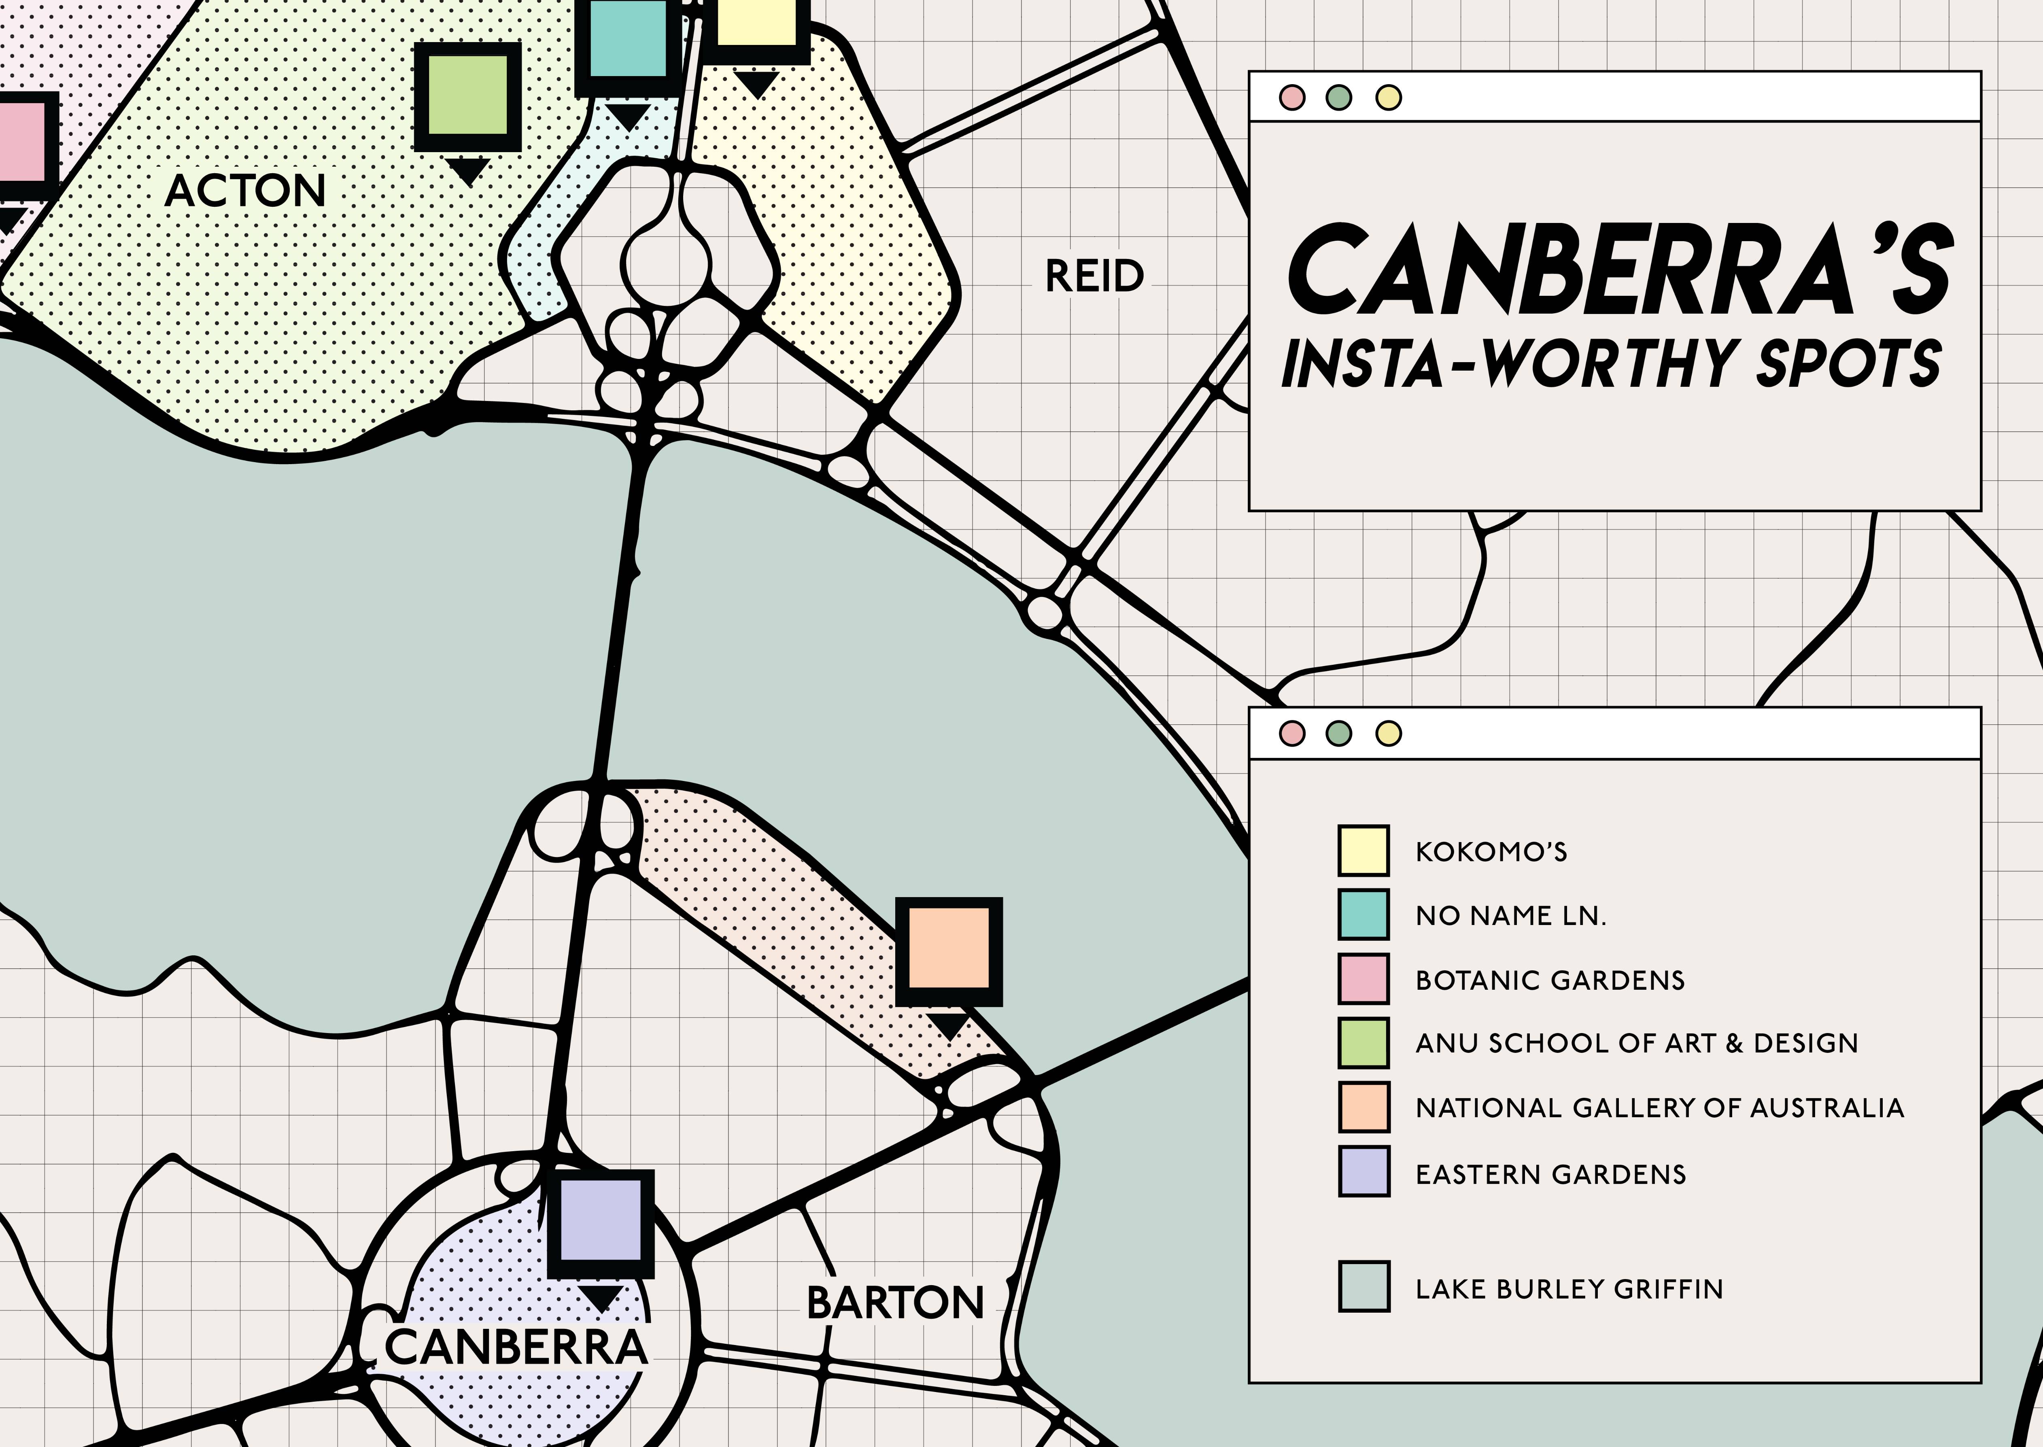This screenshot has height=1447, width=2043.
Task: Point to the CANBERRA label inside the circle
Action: [x=515, y=1347]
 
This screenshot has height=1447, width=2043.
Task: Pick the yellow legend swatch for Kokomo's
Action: [x=1363, y=851]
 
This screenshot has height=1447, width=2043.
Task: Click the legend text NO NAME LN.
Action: [x=1510, y=916]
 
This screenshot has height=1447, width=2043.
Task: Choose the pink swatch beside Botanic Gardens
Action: [x=1363, y=978]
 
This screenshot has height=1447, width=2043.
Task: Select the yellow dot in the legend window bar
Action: [x=1388, y=733]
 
